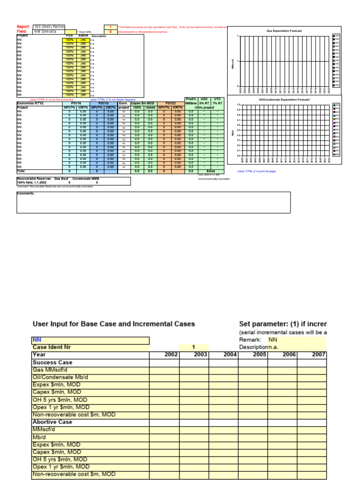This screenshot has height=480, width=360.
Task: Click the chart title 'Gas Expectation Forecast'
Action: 284,30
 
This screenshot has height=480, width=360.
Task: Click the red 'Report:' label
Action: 23,27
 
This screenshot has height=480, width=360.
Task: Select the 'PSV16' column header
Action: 75,104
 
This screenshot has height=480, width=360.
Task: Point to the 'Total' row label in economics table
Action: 21,172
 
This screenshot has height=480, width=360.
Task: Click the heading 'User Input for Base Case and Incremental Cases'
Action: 113,324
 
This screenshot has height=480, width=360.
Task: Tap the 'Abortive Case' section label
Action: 52,422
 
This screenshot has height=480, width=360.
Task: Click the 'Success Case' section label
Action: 52,362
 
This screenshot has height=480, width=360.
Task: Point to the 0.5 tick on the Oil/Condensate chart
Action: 238,130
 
